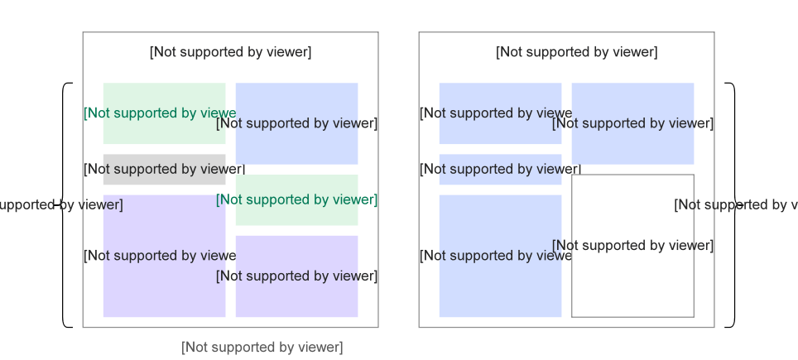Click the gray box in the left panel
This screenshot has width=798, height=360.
(x=164, y=170)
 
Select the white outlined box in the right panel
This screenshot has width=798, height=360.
(x=632, y=281)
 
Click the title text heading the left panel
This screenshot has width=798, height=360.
(x=230, y=52)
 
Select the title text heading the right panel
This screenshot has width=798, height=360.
(x=576, y=52)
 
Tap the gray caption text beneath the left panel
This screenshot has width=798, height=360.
(x=262, y=348)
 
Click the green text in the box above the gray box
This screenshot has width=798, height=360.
(x=160, y=113)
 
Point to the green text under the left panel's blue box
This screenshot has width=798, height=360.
(x=296, y=199)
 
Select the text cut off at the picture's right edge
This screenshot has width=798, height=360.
(x=736, y=204)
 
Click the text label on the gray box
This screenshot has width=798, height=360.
(x=164, y=170)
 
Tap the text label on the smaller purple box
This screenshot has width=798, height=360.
(x=296, y=276)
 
